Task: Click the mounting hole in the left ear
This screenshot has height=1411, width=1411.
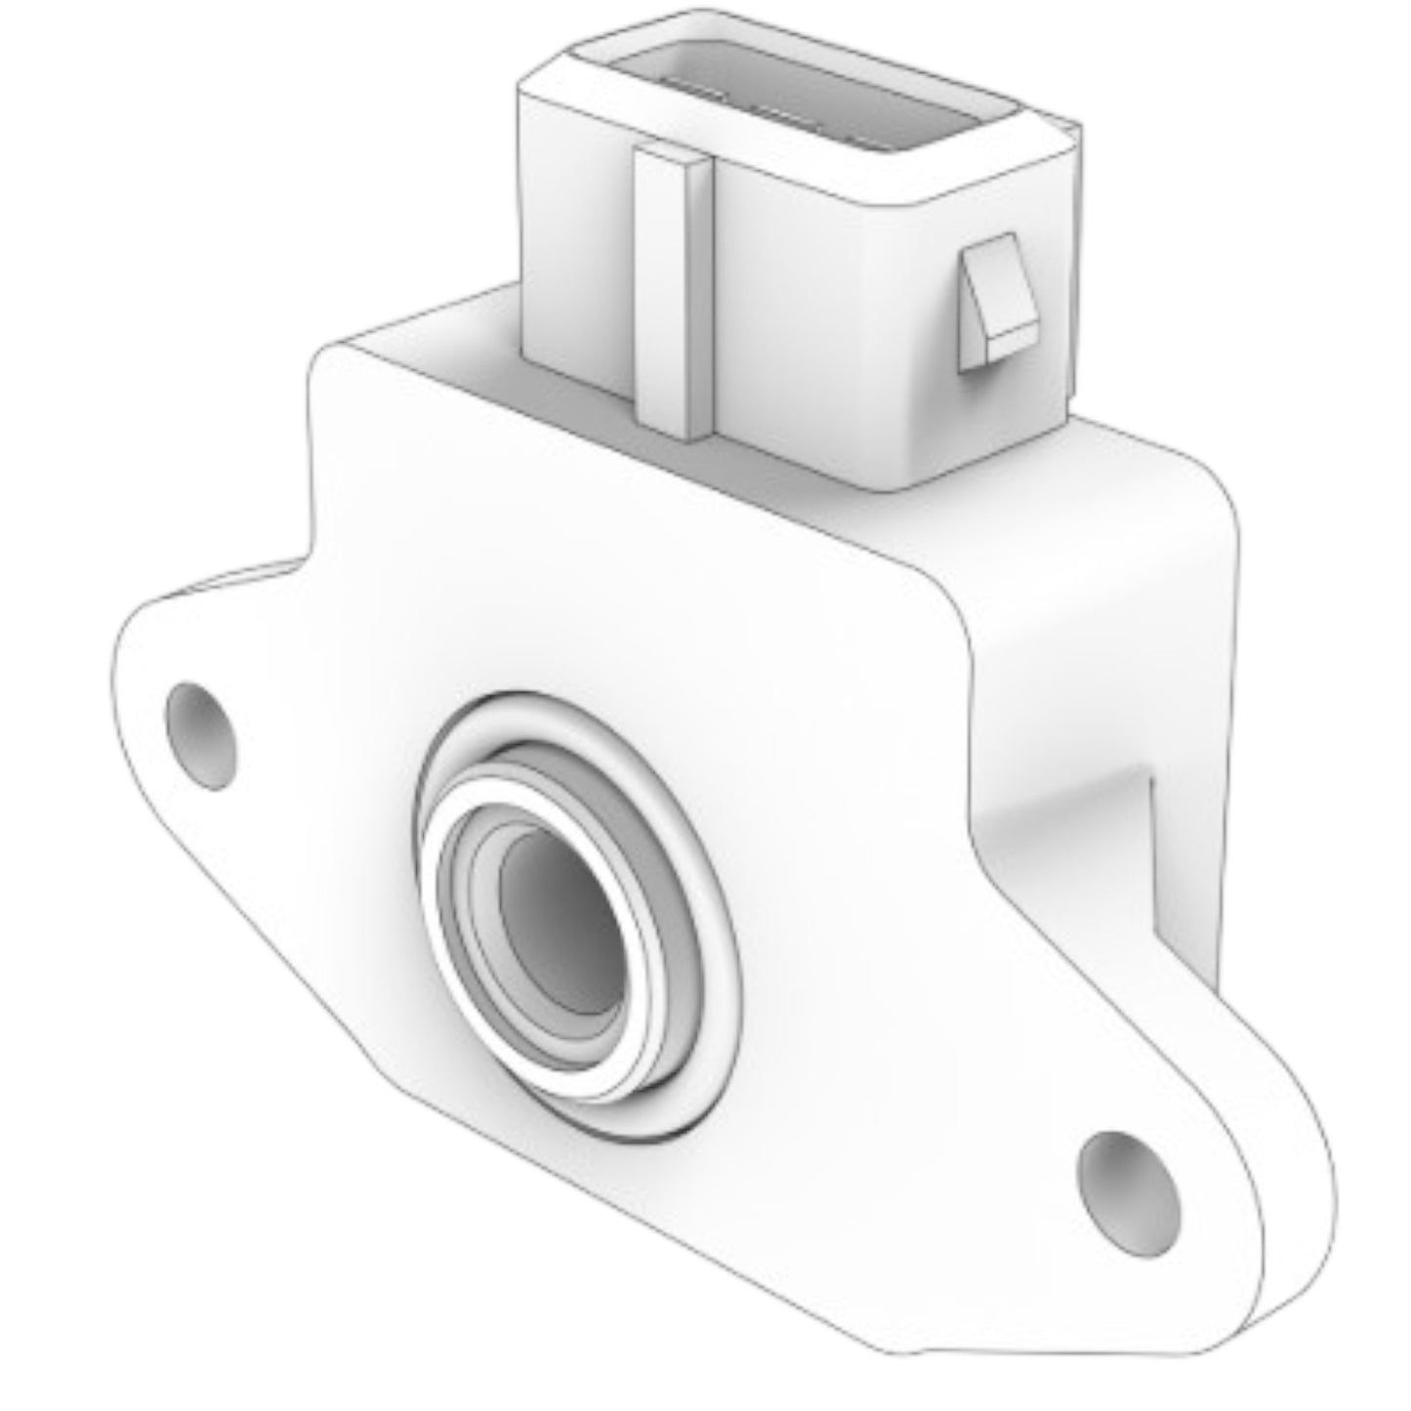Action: pos(202,735)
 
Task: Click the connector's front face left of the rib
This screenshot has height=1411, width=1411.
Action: pos(576,254)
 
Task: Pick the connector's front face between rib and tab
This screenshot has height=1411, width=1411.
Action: pos(830,322)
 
